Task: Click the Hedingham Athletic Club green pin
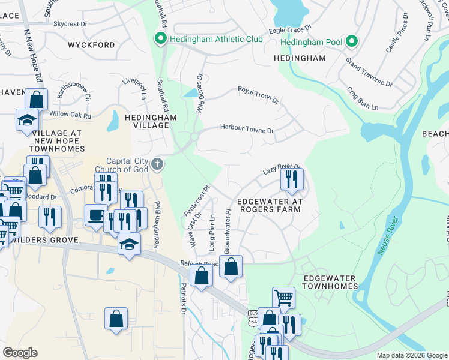pos(160,40)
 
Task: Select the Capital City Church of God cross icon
pos(157,164)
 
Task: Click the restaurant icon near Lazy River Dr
pos(292,179)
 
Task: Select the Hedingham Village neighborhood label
pos(151,122)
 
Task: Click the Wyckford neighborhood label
pos(91,45)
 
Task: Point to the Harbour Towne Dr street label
pos(247,128)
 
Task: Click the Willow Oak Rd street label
pos(70,115)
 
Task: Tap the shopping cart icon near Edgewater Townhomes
pos(283,297)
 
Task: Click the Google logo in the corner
pos(20,352)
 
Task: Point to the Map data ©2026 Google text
pos(411,355)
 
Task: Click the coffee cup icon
pos(95,216)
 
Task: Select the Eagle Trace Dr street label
pos(290,28)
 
